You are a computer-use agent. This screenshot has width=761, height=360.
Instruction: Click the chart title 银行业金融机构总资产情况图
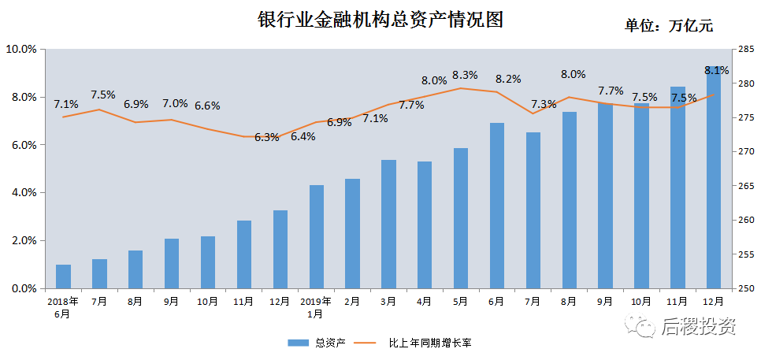tap(380, 20)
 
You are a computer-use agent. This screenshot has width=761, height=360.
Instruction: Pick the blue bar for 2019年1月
tap(316, 236)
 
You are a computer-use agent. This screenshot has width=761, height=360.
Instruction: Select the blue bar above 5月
tap(461, 218)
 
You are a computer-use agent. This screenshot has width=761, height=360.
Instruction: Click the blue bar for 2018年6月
tap(63, 276)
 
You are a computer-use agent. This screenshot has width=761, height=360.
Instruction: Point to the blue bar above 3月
tap(388, 224)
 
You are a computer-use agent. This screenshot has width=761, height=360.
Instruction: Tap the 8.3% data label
tap(465, 76)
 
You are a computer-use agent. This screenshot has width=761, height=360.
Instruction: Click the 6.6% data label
tap(207, 106)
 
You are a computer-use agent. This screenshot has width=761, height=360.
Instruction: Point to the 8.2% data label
tap(508, 79)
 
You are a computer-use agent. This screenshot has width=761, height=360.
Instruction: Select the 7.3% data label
tap(544, 104)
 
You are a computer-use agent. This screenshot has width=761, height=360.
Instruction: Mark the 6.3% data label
tap(267, 137)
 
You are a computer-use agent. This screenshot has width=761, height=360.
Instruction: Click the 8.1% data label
tap(716, 70)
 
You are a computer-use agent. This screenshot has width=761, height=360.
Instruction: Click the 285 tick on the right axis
tap(744, 49)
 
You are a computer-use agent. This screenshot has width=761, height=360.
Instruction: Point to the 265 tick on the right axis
tap(744, 186)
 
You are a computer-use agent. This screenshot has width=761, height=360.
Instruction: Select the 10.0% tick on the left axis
tap(21, 49)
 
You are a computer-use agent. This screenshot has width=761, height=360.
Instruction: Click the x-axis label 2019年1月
tap(315, 306)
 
